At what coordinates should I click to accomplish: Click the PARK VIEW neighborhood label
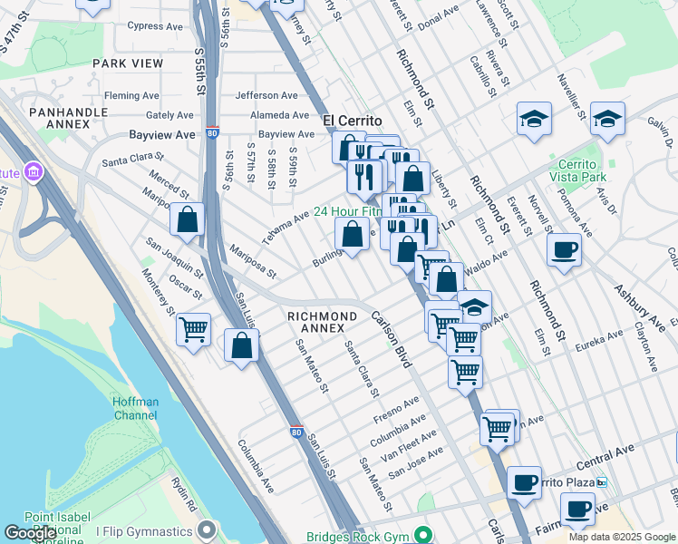pyautogui.click(x=128, y=63)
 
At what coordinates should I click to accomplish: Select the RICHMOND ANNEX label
pyautogui.click(x=316, y=322)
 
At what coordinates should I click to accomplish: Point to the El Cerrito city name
pyautogui.click(x=352, y=120)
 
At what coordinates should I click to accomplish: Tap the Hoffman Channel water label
pyautogui.click(x=135, y=409)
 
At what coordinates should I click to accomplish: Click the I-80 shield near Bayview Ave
pyautogui.click(x=211, y=132)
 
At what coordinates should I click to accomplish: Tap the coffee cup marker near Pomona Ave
pyautogui.click(x=565, y=250)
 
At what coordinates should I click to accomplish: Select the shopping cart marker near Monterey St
pyautogui.click(x=193, y=330)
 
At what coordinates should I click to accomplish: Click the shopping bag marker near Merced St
pyautogui.click(x=187, y=220)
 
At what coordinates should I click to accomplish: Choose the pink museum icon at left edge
pyautogui.click(x=34, y=171)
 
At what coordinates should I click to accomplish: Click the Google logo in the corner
pyautogui.click(x=30, y=532)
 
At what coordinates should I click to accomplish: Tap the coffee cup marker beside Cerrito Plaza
pyautogui.click(x=524, y=482)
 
